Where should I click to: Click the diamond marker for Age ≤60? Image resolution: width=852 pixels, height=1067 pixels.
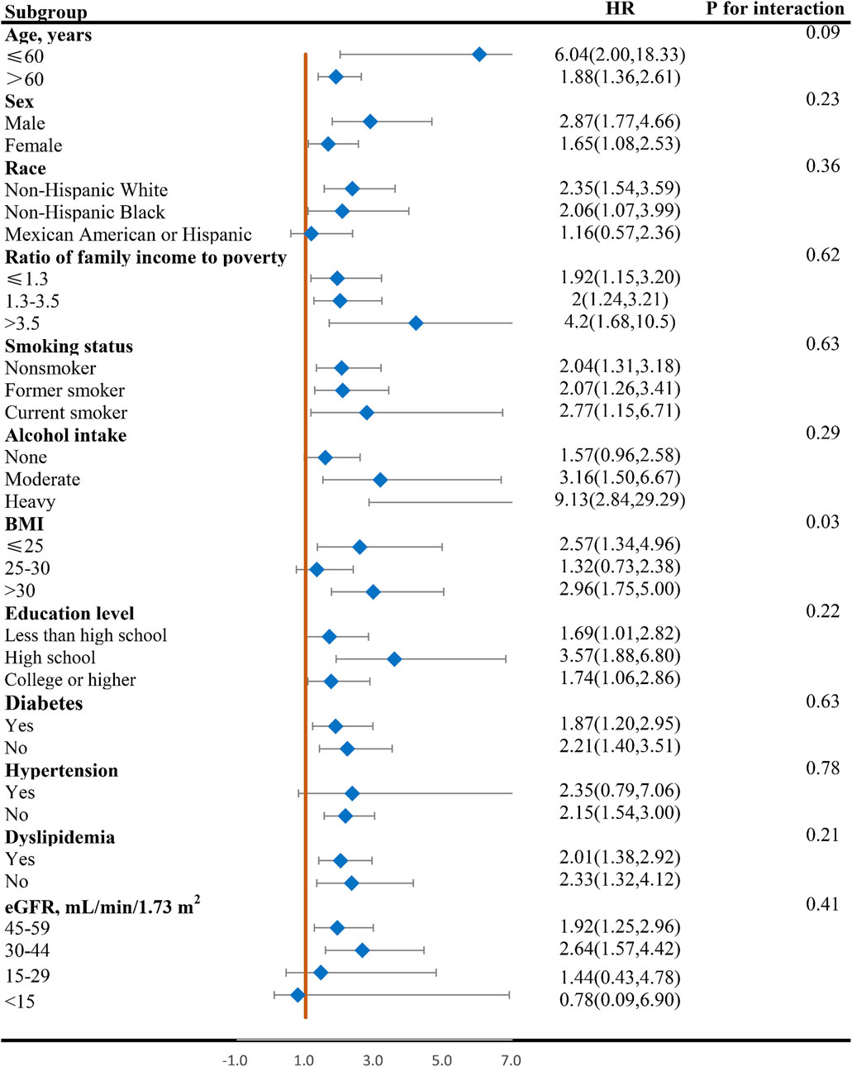pyautogui.click(x=479, y=55)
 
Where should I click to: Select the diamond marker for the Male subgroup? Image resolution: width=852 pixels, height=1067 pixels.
pyautogui.click(x=370, y=122)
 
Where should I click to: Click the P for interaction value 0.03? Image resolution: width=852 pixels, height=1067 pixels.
pyautogui.click(x=822, y=522)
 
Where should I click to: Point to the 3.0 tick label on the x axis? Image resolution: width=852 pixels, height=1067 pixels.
pyautogui.click(x=373, y=1060)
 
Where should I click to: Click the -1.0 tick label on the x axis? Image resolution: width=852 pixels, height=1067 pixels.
pyautogui.click(x=235, y=1060)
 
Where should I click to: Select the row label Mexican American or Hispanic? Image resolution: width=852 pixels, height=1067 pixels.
pyautogui.click(x=128, y=235)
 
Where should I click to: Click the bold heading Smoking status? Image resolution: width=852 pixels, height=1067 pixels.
pyautogui.click(x=69, y=347)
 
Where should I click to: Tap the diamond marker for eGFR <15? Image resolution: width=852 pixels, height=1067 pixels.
pyautogui.click(x=297, y=995)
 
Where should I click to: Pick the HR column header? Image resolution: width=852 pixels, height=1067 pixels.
pyautogui.click(x=620, y=9)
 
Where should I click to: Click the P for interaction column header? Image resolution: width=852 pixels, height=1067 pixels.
pyautogui.click(x=774, y=9)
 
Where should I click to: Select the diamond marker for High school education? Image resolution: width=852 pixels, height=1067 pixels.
pyautogui.click(x=394, y=659)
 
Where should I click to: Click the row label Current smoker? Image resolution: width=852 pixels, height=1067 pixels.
pyautogui.click(x=66, y=413)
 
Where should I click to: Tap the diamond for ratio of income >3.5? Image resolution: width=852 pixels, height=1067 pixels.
pyautogui.click(x=416, y=323)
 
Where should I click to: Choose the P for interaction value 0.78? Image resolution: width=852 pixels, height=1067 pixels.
pyautogui.click(x=822, y=768)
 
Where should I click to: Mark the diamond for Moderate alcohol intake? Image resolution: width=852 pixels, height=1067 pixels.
pyautogui.click(x=380, y=480)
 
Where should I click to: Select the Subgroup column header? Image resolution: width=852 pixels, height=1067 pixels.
pyautogui.click(x=45, y=12)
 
